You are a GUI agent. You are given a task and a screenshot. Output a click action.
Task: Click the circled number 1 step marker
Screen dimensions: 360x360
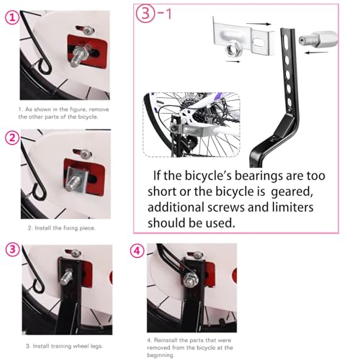(x=12, y=19)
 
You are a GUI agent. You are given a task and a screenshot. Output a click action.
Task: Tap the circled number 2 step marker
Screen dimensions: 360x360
(x=12, y=137)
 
